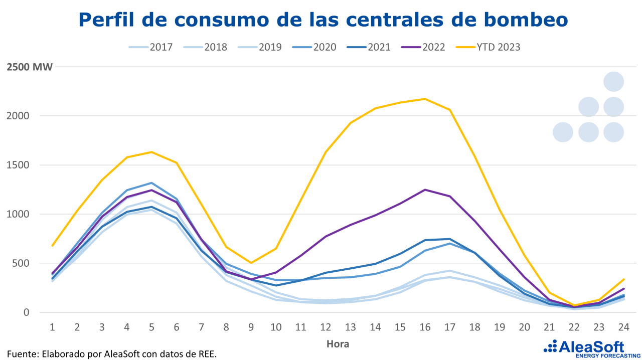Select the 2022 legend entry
pos(432,47)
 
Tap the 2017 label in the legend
pos(160,47)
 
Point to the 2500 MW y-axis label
pos(30,67)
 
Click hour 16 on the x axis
pos(425,327)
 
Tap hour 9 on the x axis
pos(251,327)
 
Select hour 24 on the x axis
pos(623,327)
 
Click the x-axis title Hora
pos(338,344)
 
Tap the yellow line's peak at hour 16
pos(425,99)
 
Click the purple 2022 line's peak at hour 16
pos(425,190)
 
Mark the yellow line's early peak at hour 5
pos(151,152)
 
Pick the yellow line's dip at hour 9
pos(251,263)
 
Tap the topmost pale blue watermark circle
pos(613,81)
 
